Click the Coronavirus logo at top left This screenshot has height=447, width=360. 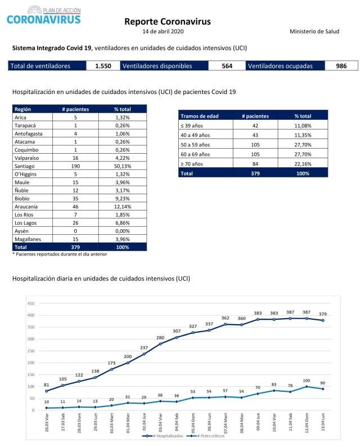point(44,15)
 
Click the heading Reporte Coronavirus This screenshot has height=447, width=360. point(167,21)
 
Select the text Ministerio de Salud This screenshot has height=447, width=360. point(314,32)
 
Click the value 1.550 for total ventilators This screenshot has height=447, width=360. point(103,66)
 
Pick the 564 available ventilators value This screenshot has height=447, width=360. point(227,66)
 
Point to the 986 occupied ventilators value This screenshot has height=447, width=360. point(341,66)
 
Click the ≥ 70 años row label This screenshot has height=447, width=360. point(192,164)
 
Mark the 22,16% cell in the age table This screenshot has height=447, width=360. point(303,164)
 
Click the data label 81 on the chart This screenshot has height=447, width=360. point(46,385)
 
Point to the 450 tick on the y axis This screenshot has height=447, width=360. point(30,303)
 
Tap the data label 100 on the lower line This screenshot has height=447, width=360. point(307,381)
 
